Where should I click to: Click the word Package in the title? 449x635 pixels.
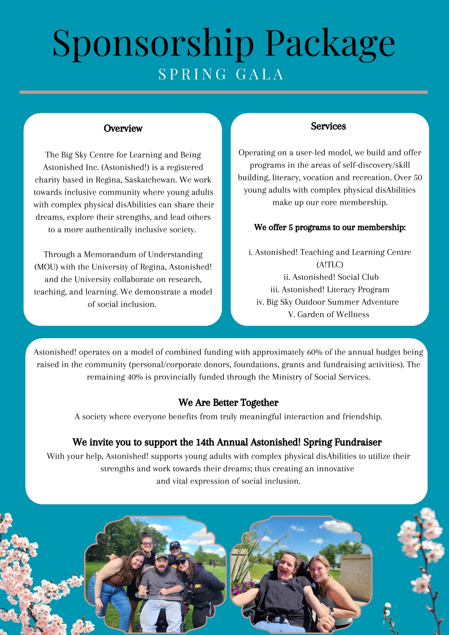(x=330, y=43)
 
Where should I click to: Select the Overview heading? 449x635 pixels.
(x=123, y=129)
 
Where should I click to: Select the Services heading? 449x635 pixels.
(x=328, y=126)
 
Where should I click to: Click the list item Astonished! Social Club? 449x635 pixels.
(x=331, y=277)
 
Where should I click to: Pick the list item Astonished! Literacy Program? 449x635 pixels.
(x=330, y=290)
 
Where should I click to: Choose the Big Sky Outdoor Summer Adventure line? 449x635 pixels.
(x=328, y=302)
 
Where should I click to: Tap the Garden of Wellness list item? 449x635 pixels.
(x=329, y=315)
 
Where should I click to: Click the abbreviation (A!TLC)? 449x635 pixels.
(x=330, y=265)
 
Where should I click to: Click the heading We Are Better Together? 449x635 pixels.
(x=228, y=403)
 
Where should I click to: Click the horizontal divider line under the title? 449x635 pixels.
(x=223, y=92)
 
